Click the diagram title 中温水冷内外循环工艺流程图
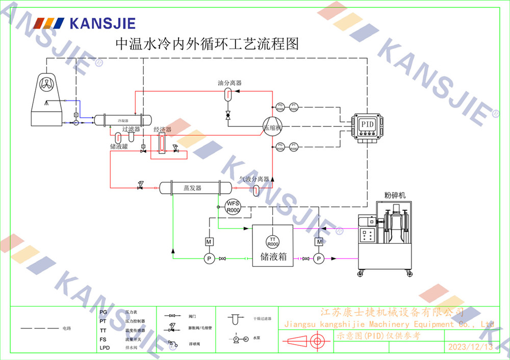click(207, 44)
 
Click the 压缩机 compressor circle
click(272, 127)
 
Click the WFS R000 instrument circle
click(233, 207)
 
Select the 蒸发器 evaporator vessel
click(192, 188)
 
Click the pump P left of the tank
click(209, 259)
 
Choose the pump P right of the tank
click(319, 259)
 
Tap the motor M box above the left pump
click(209, 241)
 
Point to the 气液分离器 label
click(254, 179)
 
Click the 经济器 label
click(162, 130)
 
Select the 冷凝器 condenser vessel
click(123, 120)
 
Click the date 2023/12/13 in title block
click(470, 347)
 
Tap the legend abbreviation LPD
click(105, 348)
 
